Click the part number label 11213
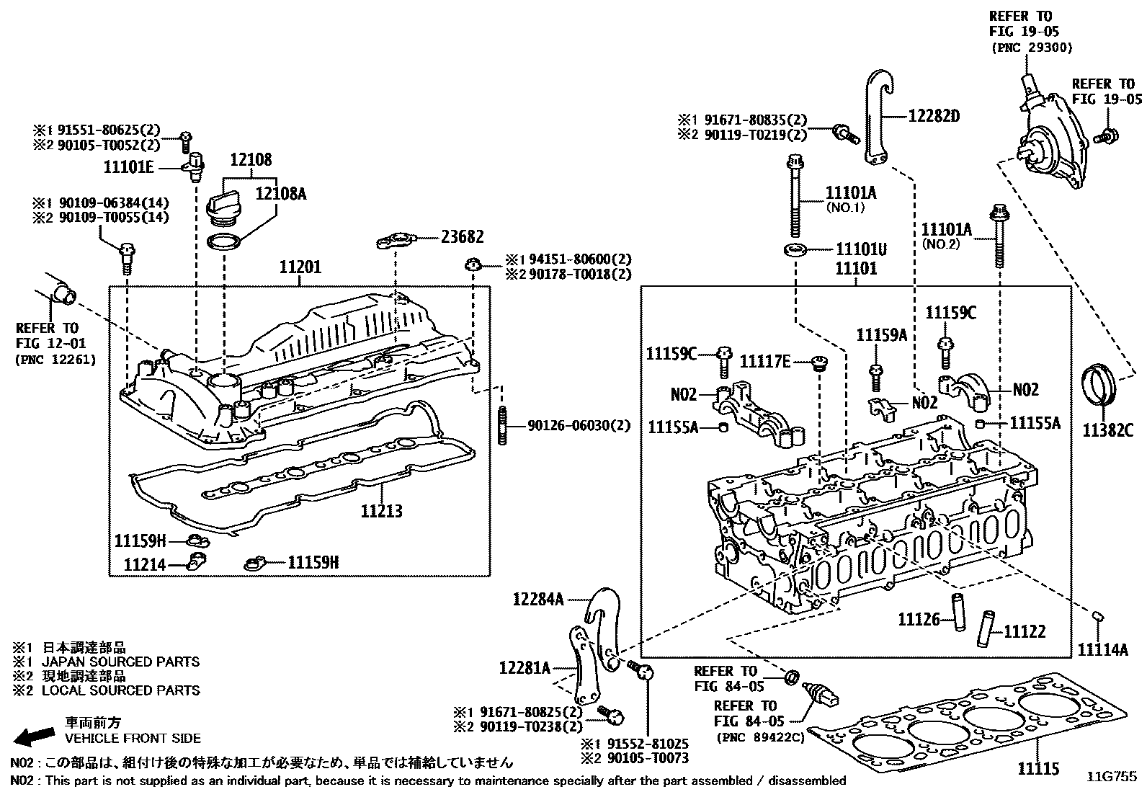click(x=381, y=512)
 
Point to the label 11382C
click(x=1107, y=431)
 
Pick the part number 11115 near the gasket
click(x=1038, y=770)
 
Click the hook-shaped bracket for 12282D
click(x=878, y=115)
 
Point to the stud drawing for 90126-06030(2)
click(x=501, y=426)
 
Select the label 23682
click(x=462, y=237)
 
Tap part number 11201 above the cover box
click(x=300, y=268)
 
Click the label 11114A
click(x=1103, y=649)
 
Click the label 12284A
click(x=537, y=599)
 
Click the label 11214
click(x=144, y=565)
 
